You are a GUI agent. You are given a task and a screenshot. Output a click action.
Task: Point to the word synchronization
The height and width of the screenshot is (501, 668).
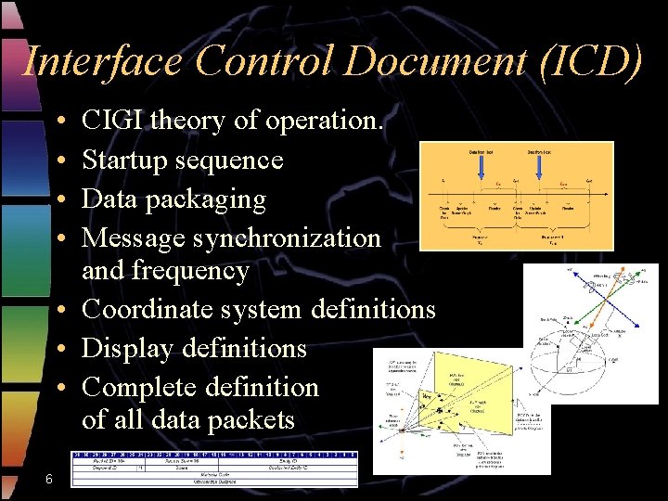tap(287, 238)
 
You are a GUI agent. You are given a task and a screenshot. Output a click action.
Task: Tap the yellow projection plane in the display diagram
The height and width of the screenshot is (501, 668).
tap(464, 390)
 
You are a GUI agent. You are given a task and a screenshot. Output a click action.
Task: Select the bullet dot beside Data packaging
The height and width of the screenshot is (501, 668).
tap(58, 200)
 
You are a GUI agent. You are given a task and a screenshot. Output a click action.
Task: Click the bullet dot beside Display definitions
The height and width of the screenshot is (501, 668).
tap(58, 349)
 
